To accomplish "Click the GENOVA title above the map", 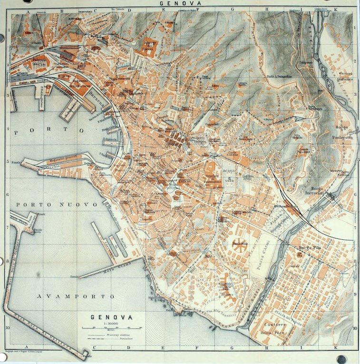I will pos(180,3).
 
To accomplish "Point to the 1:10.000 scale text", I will pos(112,323).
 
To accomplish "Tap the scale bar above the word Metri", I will pos(112,328).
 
